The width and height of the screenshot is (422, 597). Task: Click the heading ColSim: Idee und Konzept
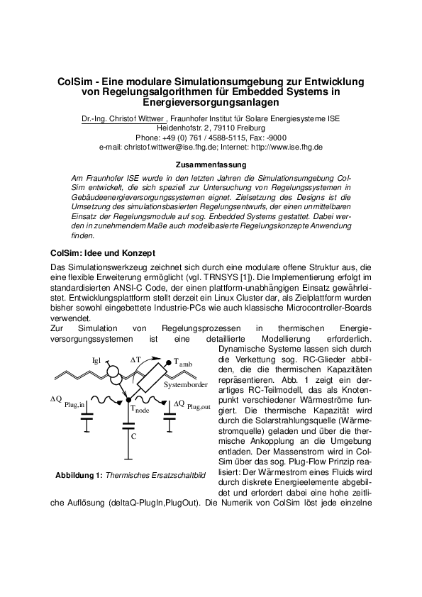click(103, 253)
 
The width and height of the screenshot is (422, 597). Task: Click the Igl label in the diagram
click(98, 361)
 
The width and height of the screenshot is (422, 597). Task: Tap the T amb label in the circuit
click(182, 362)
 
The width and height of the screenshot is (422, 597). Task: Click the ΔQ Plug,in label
click(67, 401)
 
